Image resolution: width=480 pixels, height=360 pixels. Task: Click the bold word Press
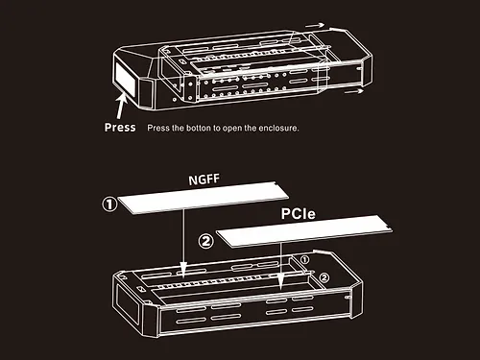pyautogui.click(x=120, y=128)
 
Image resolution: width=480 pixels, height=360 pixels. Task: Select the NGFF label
pyautogui.click(x=204, y=180)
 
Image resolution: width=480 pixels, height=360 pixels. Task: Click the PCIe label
pyautogui.click(x=298, y=214)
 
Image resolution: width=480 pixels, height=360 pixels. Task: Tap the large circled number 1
pyautogui.click(x=109, y=204)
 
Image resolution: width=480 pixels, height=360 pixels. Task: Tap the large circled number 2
pyautogui.click(x=205, y=241)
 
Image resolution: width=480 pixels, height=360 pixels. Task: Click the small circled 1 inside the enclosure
pyautogui.click(x=304, y=259)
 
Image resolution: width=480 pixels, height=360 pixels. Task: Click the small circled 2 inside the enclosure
pyautogui.click(x=324, y=277)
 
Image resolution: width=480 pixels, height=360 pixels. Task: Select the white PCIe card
pyautogui.click(x=304, y=231)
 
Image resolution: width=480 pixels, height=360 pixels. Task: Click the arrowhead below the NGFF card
pyautogui.click(x=183, y=268)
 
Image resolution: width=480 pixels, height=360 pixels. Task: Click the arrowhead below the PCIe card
pyautogui.click(x=281, y=282)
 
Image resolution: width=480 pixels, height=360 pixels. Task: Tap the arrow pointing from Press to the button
pyautogui.click(x=121, y=107)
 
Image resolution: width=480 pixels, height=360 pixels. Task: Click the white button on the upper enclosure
pyautogui.click(x=125, y=78)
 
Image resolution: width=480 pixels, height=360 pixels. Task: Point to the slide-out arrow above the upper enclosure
pyautogui.click(x=315, y=25)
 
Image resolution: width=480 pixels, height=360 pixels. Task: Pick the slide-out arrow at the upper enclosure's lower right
pyautogui.click(x=353, y=91)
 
